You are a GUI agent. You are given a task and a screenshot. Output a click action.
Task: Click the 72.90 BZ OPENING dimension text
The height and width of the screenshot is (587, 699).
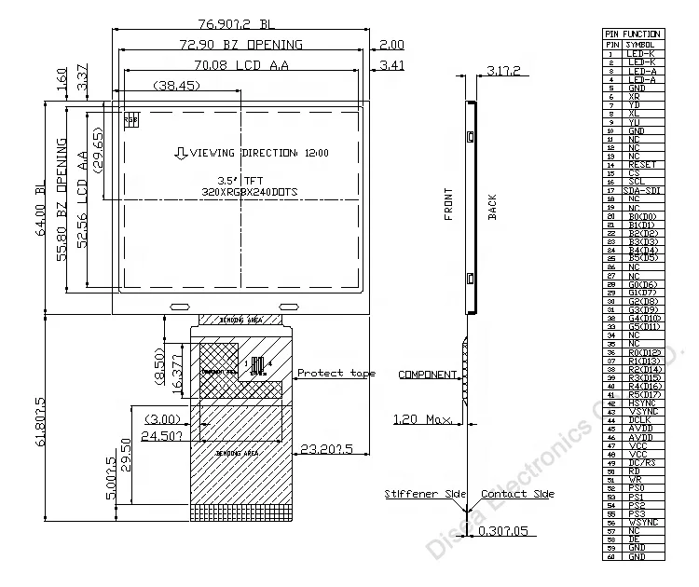click(240, 44)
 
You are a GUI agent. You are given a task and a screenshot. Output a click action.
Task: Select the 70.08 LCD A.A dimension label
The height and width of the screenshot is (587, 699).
click(240, 65)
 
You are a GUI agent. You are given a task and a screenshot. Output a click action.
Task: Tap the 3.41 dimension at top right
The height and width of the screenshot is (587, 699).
click(391, 65)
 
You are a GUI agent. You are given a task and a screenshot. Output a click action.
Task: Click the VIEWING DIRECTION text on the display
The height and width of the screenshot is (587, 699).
click(252, 152)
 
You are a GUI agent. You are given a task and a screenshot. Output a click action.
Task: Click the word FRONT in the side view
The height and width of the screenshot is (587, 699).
click(448, 205)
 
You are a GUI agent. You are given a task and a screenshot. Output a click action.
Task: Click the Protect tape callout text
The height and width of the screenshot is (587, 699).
click(336, 373)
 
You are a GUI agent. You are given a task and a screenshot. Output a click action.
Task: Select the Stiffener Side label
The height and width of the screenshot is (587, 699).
click(419, 494)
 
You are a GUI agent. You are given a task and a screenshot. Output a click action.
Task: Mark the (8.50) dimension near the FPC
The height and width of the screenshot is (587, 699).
click(160, 362)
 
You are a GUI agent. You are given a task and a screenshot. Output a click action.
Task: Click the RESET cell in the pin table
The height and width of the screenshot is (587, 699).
click(641, 165)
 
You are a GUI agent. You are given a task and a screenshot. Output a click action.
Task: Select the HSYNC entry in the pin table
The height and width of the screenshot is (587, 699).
click(641, 403)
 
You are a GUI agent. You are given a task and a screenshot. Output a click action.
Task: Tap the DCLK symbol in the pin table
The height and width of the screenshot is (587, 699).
click(641, 419)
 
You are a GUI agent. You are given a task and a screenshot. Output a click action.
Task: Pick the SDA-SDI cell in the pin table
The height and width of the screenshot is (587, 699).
click(641, 190)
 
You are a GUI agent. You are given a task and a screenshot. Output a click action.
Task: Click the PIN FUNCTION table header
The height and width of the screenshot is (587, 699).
click(633, 34)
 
